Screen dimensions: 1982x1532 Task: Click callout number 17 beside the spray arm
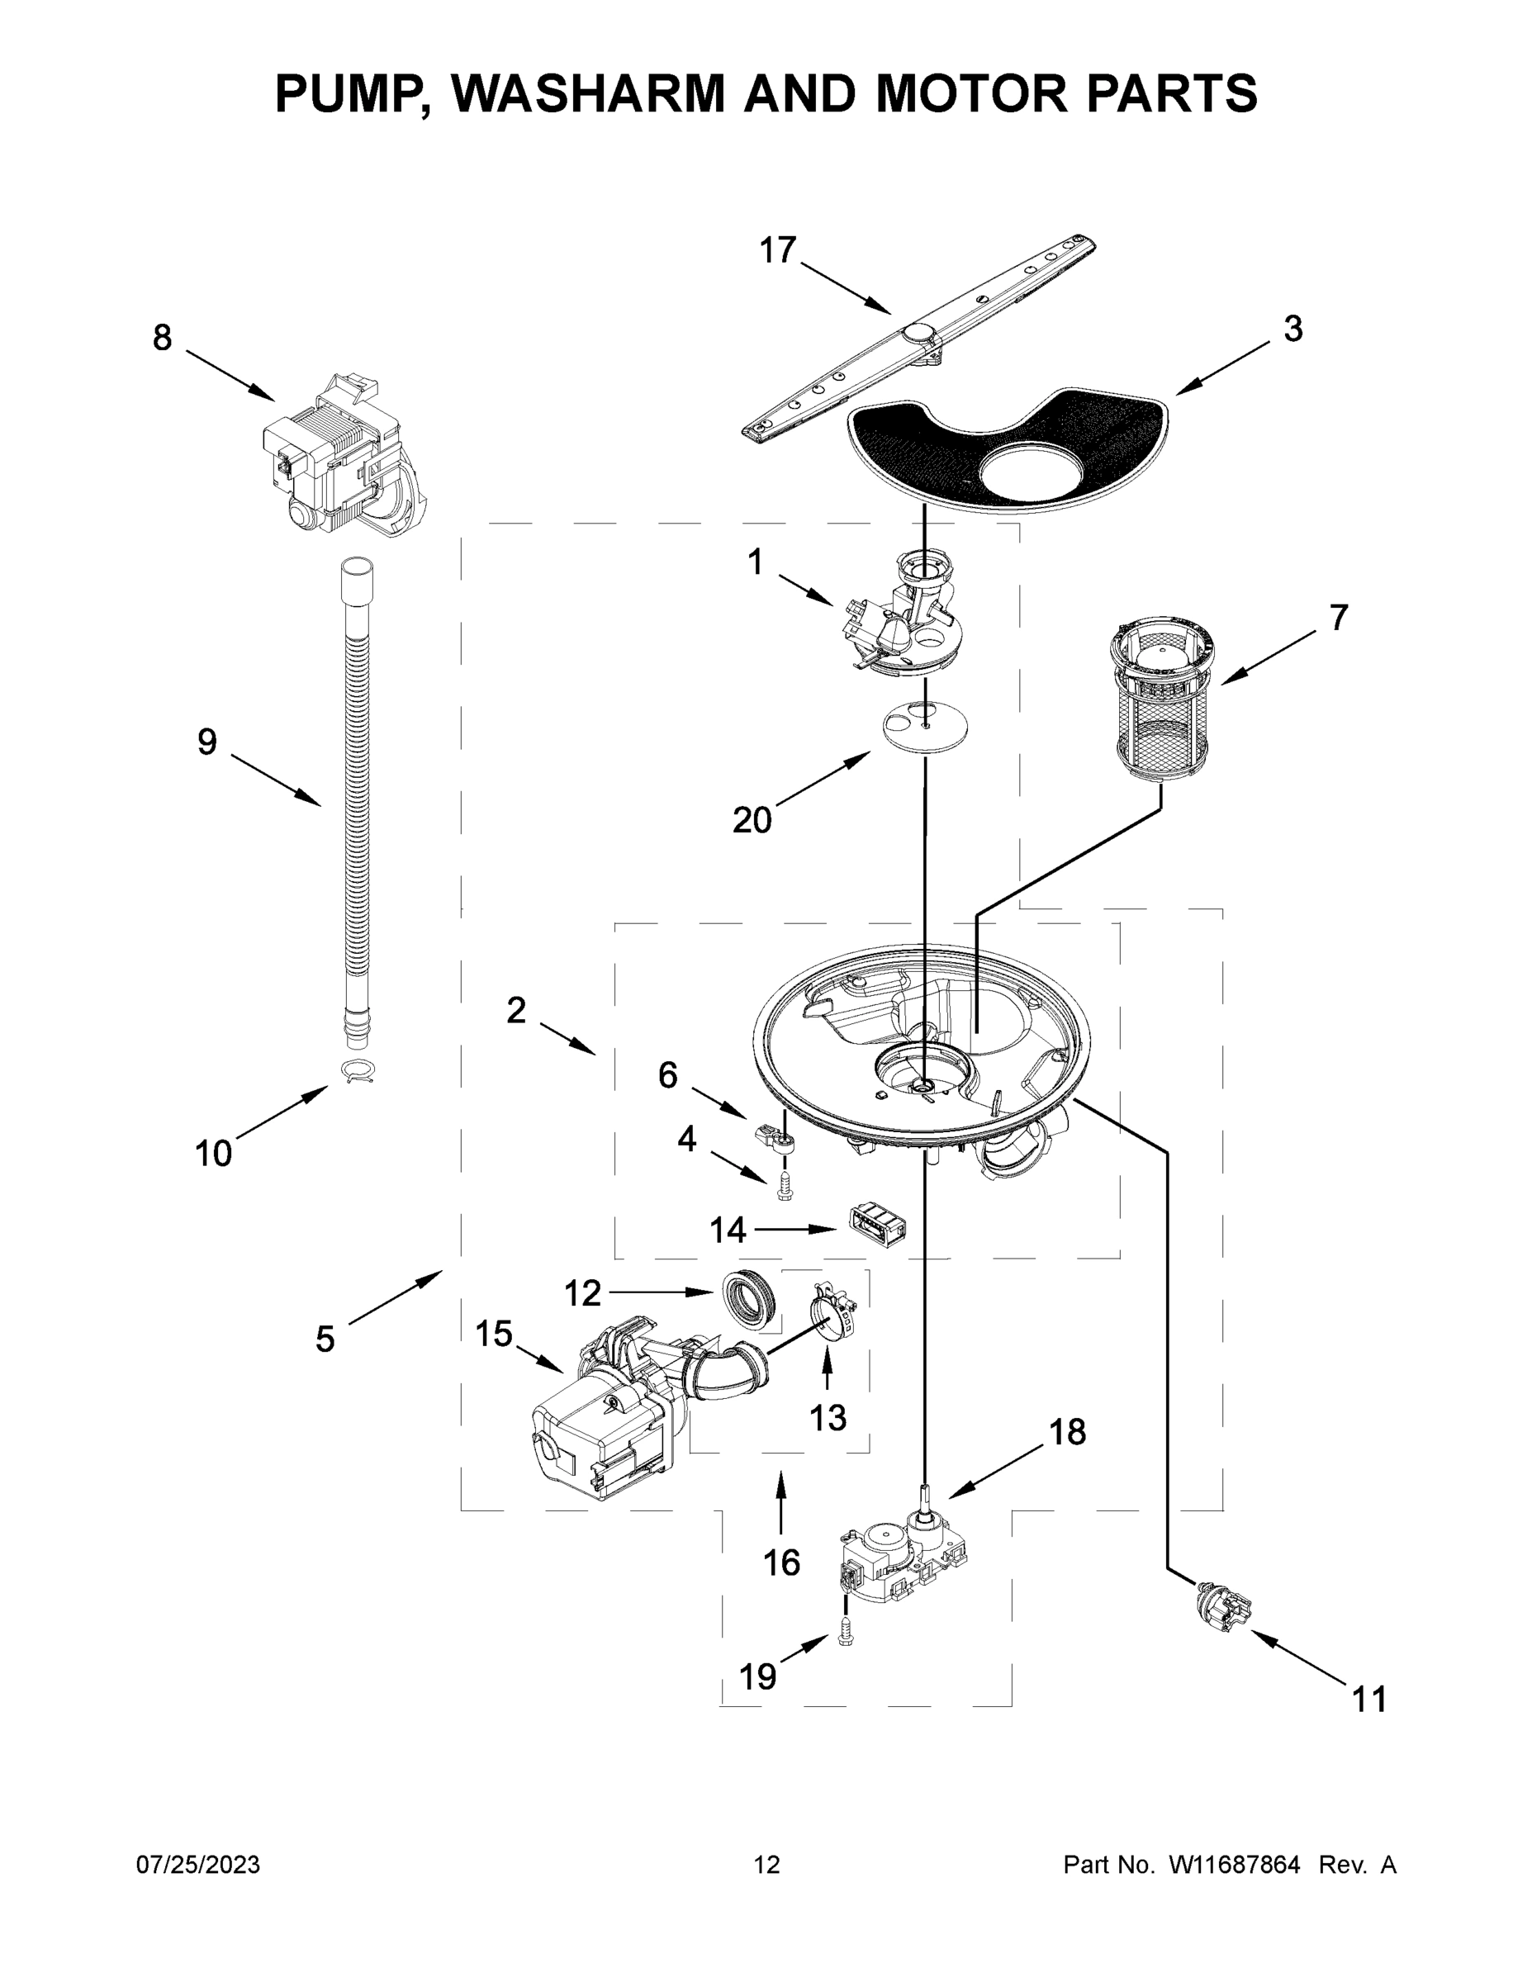pos(778,250)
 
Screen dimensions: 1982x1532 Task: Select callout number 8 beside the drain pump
pos(162,338)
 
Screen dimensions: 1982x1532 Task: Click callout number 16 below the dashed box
pos(781,1562)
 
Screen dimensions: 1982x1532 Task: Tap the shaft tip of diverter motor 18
pos(924,1490)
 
